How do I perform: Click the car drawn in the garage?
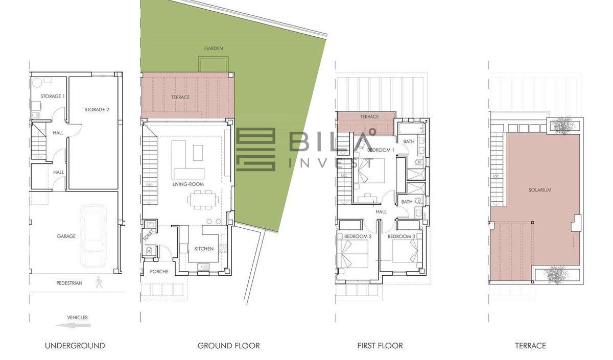click(93, 236)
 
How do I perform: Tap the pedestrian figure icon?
click(99, 282)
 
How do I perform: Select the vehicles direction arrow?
click(73, 325)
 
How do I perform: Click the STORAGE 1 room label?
click(53, 97)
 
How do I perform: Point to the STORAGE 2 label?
click(97, 109)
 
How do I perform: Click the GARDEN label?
click(214, 49)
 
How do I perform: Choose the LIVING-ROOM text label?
click(188, 184)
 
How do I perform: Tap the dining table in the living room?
click(203, 200)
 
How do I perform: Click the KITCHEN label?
click(204, 249)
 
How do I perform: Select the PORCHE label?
click(159, 271)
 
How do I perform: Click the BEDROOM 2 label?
click(358, 236)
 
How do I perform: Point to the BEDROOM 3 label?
click(401, 236)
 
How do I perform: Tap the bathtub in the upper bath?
click(411, 129)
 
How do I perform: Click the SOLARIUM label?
click(539, 190)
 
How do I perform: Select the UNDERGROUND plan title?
click(75, 346)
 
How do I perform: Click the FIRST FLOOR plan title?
click(380, 346)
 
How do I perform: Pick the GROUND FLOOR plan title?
click(228, 346)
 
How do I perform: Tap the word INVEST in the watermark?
click(332, 163)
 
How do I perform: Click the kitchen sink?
click(203, 267)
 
